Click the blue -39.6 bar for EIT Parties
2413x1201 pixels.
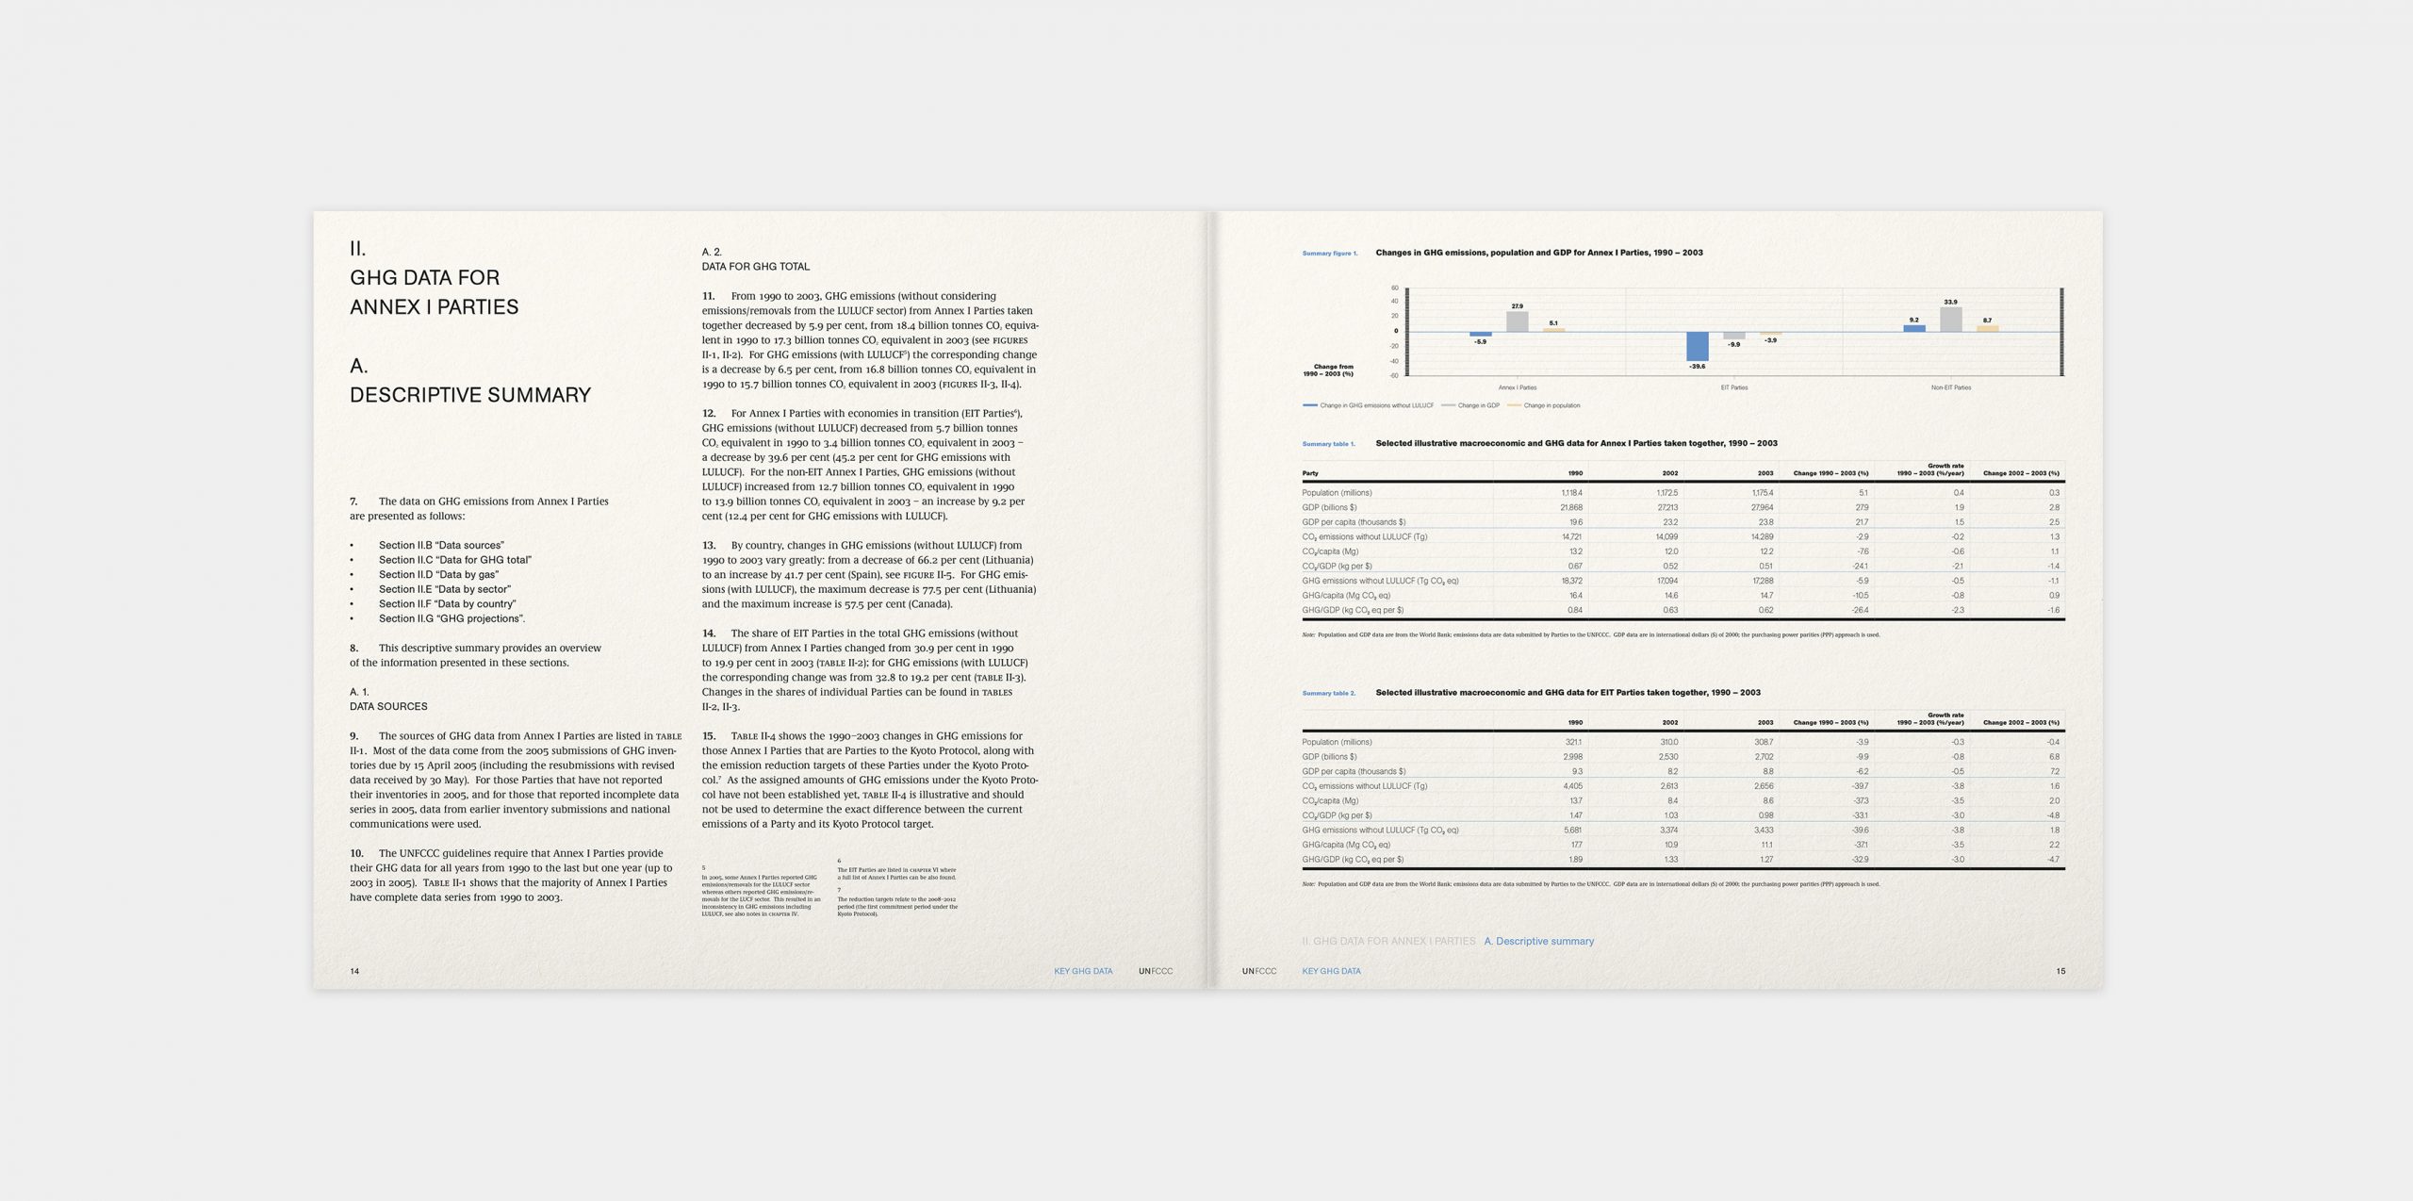click(x=1697, y=346)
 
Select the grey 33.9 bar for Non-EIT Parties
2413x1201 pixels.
click(x=1950, y=320)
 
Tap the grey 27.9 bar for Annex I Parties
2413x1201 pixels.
click(x=1517, y=321)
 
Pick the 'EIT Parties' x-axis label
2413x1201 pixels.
click(x=1733, y=387)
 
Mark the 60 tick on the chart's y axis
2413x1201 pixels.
click(x=1395, y=288)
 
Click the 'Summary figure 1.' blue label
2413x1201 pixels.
click(x=1329, y=254)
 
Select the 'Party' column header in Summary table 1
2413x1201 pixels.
click(x=1310, y=473)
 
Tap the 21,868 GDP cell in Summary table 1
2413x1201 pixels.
click(x=1571, y=507)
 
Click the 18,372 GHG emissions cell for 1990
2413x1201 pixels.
click(x=1571, y=581)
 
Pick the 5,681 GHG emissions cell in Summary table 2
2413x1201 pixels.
click(x=1572, y=831)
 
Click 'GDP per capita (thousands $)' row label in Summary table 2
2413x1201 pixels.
click(x=1354, y=771)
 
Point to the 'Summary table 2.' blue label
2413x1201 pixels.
click(x=1328, y=694)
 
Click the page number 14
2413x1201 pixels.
click(x=354, y=971)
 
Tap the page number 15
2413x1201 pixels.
click(x=2060, y=971)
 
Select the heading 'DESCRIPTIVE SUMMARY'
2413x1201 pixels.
click(x=470, y=395)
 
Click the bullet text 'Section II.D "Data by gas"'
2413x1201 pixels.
click(x=438, y=574)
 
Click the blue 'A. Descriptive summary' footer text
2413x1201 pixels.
click(x=1538, y=941)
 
